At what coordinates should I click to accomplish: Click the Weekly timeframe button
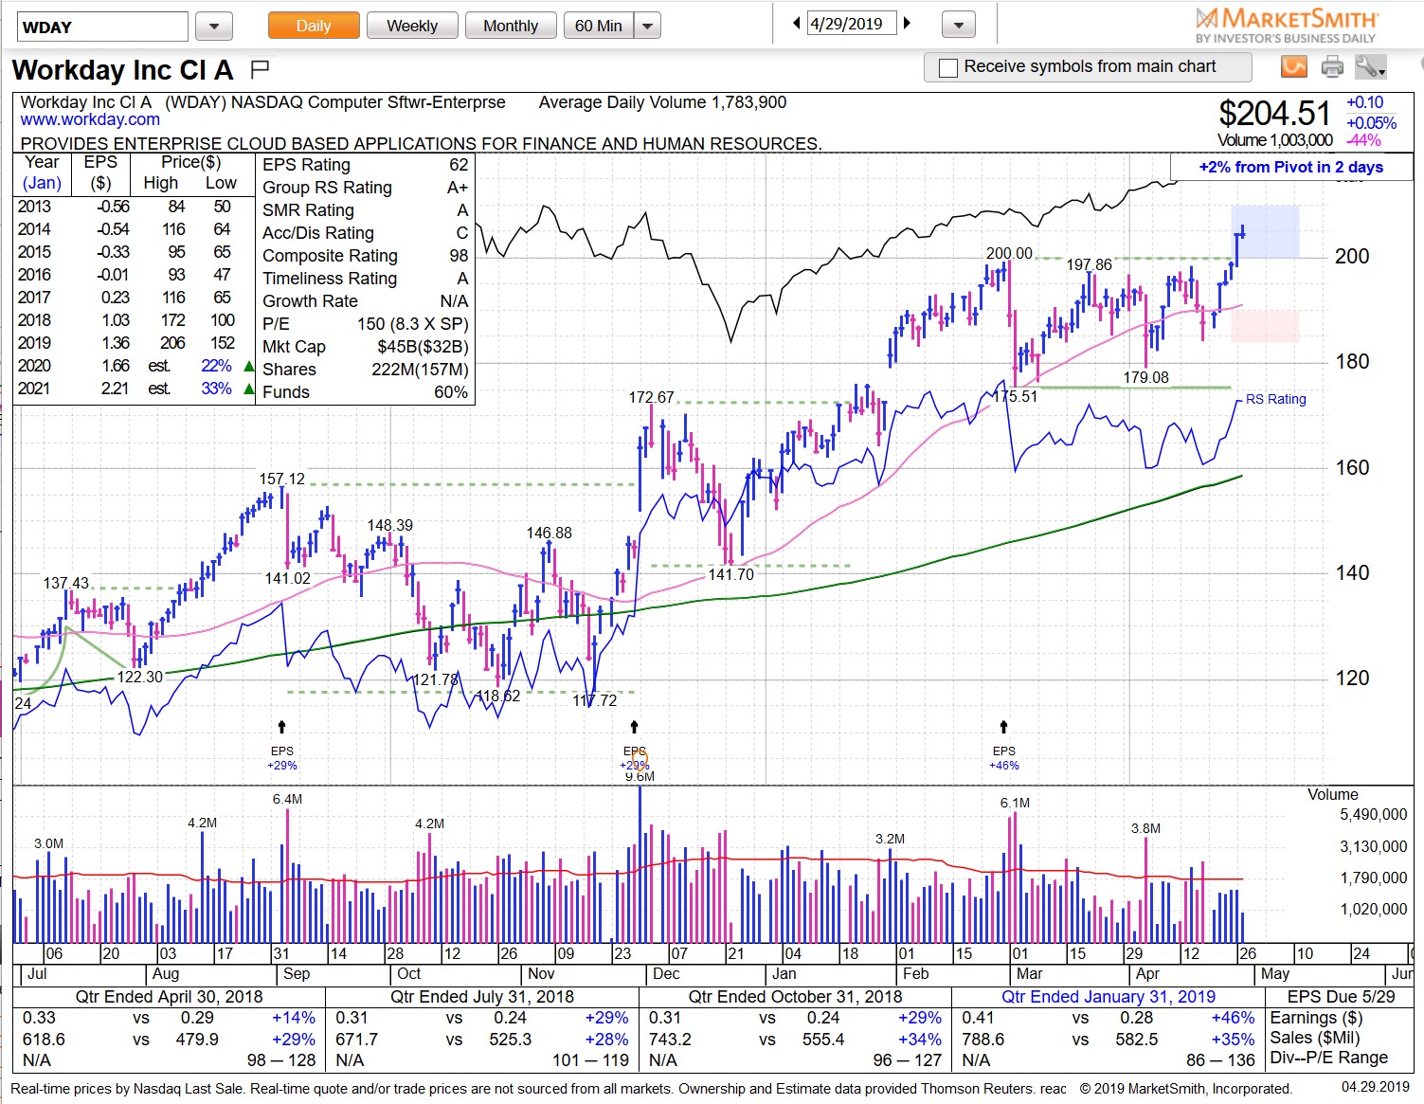[x=412, y=26]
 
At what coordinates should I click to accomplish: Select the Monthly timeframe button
[x=510, y=26]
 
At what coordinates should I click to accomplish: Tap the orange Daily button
[x=314, y=26]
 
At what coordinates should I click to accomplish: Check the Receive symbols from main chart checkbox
[x=947, y=67]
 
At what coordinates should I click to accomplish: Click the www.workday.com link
[x=90, y=119]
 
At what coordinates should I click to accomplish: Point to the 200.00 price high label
[x=1009, y=253]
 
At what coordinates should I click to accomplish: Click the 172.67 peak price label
[x=652, y=397]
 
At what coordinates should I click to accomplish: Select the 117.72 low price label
[x=595, y=700]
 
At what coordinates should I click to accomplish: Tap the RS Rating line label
[x=1275, y=399]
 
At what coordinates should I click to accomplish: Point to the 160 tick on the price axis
[x=1351, y=467]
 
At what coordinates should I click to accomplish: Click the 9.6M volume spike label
[x=640, y=776]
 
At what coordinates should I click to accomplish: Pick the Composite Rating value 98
[x=459, y=256]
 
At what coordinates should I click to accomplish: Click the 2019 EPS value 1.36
[x=116, y=343]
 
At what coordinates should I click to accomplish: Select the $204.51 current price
[x=1274, y=114]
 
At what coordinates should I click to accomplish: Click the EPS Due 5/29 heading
[x=1341, y=997]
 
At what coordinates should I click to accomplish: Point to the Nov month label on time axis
[x=541, y=974]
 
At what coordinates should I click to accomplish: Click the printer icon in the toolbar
[x=1332, y=67]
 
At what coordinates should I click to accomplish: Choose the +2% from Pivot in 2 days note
[x=1290, y=167]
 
